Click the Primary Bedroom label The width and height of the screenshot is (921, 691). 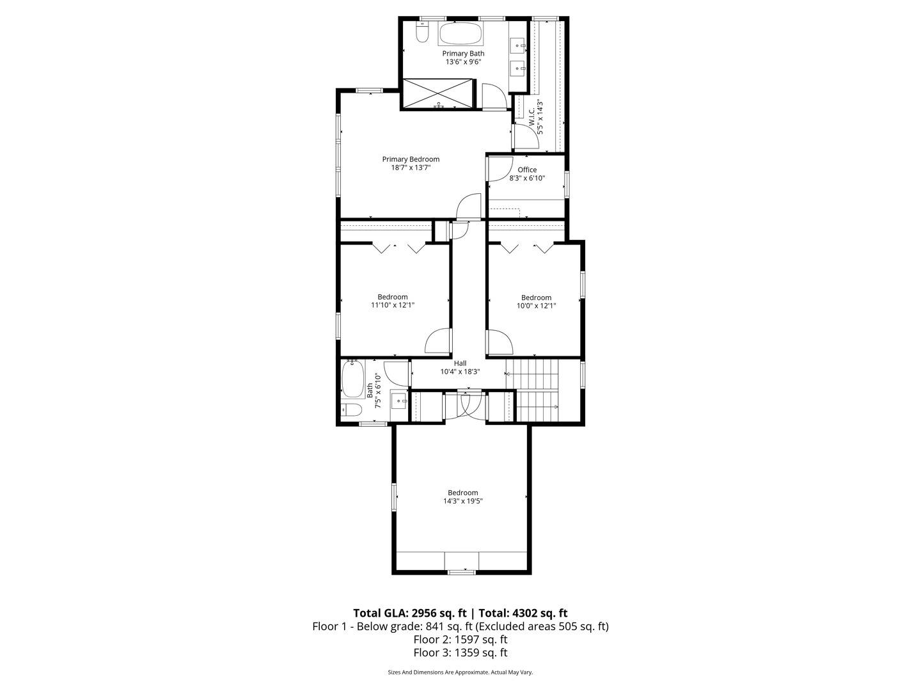[411, 159]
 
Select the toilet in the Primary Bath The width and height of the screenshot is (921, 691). [421, 33]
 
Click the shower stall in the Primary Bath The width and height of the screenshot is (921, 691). [439, 93]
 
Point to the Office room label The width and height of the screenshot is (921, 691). [527, 170]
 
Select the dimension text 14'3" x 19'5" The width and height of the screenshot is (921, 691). [462, 502]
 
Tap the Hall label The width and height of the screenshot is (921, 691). [460, 363]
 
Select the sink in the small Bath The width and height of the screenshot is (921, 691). [399, 402]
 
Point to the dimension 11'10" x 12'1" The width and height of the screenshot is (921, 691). [393, 305]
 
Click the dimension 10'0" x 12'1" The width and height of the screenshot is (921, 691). [536, 306]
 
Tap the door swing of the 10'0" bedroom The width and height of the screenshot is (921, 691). [500, 342]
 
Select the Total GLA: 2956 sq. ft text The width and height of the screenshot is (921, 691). [409, 612]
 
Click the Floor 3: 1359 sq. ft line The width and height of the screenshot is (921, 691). [460, 653]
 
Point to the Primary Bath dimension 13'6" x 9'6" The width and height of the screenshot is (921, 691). [463, 62]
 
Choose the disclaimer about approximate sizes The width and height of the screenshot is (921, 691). [460, 672]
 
